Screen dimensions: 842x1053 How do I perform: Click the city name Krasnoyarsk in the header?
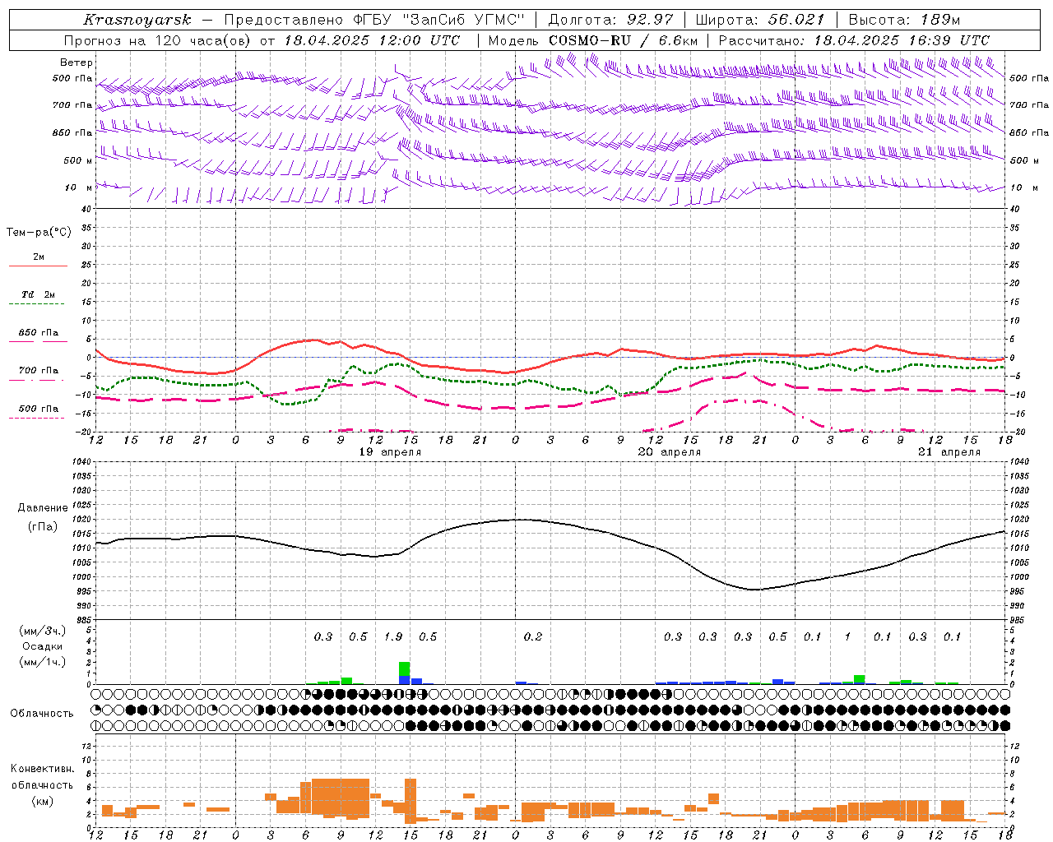(x=137, y=20)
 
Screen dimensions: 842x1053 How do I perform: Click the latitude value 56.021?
(x=796, y=20)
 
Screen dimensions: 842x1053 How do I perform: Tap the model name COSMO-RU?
(x=590, y=40)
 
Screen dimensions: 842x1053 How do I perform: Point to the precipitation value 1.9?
(x=393, y=636)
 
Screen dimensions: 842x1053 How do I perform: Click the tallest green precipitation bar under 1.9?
(x=404, y=669)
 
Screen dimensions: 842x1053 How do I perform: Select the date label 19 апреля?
(x=390, y=451)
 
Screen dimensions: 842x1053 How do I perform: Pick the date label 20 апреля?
(x=670, y=451)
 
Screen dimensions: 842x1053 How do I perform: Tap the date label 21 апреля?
(x=949, y=451)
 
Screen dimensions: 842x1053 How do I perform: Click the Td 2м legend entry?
(x=38, y=294)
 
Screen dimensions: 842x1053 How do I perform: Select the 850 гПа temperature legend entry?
(x=38, y=332)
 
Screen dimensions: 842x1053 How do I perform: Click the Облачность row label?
(x=42, y=713)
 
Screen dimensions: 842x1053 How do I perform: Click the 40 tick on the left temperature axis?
(x=86, y=209)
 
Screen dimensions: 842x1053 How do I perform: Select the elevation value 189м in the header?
(x=939, y=20)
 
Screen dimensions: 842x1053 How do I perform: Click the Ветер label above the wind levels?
(x=77, y=62)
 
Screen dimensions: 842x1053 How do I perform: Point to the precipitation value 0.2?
(x=533, y=636)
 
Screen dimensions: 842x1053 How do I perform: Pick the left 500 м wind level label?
(x=72, y=160)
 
